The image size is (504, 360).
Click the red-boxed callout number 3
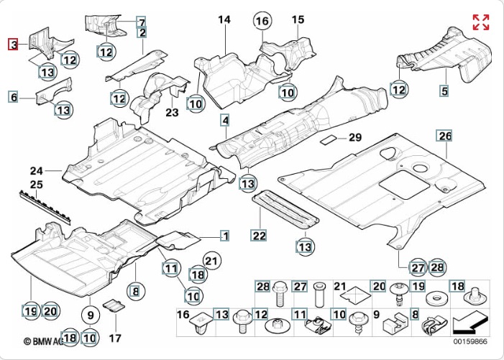13,45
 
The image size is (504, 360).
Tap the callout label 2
142,32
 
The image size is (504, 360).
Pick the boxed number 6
13,96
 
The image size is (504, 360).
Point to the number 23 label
172,112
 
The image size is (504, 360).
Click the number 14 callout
224,20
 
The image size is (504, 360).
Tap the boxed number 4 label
225,120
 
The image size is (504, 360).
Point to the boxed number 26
445,136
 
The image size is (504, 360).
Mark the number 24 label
37,170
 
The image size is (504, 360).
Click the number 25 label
37,185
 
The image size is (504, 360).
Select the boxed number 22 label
258,235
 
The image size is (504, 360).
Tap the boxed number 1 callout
224,235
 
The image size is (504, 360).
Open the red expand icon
480,22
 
